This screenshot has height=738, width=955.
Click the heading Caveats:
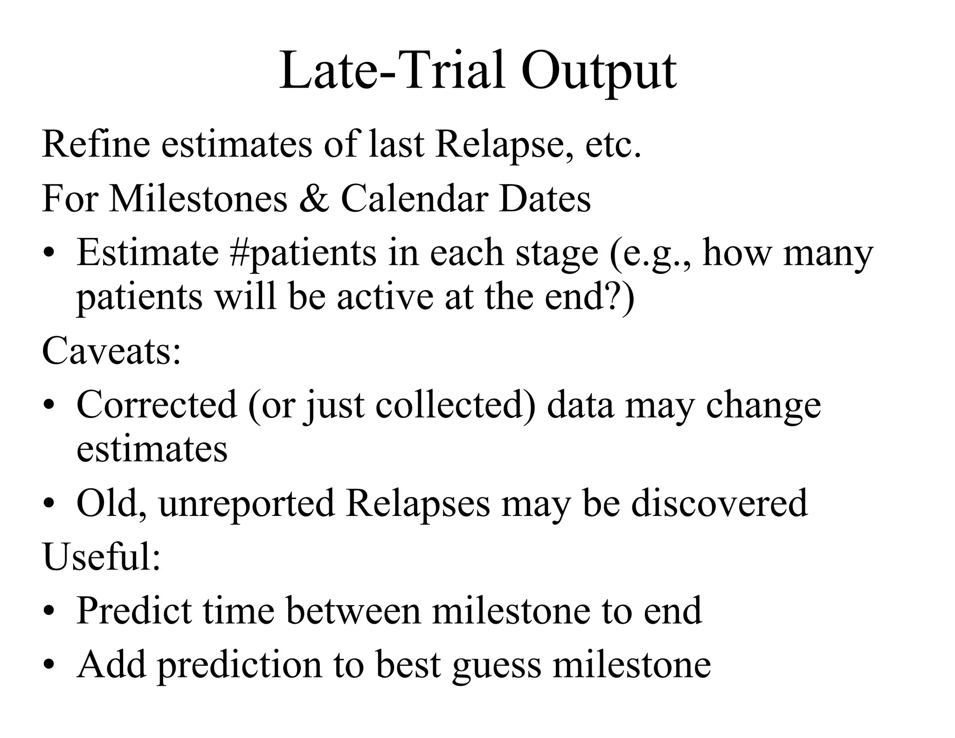(111, 351)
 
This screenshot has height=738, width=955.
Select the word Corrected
(157, 404)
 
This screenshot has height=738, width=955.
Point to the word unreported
(247, 503)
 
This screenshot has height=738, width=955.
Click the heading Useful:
(101, 557)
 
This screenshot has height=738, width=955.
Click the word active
(385, 297)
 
